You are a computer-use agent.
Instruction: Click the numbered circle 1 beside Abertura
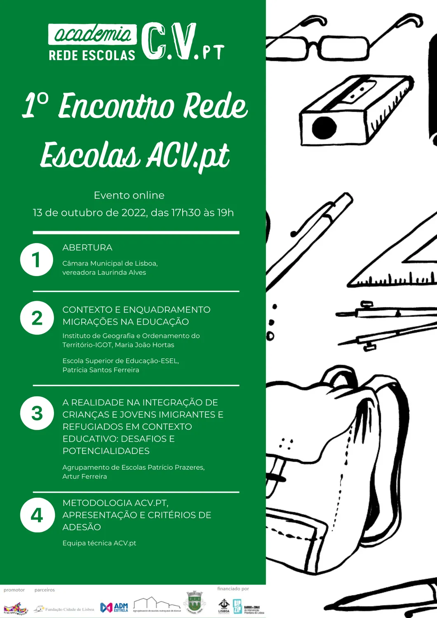[37, 260]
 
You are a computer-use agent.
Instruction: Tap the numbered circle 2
[37, 318]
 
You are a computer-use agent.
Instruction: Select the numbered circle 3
[37, 413]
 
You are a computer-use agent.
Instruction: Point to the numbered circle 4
[37, 515]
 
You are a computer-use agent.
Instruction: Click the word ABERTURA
[87, 248]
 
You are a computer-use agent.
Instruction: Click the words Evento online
[129, 195]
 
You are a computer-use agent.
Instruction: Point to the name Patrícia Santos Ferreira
[101, 370]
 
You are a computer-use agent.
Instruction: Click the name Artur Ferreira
[85, 477]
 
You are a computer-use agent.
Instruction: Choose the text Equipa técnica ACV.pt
[99, 543]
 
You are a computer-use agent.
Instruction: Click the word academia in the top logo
[93, 34]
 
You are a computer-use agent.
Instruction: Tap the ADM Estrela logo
[114, 607]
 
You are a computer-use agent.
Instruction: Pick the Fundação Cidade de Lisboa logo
[65, 609]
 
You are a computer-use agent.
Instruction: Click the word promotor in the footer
[14, 590]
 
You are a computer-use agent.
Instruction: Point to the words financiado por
[233, 589]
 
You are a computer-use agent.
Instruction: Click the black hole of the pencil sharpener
[324, 127]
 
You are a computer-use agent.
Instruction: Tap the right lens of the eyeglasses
[343, 48]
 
